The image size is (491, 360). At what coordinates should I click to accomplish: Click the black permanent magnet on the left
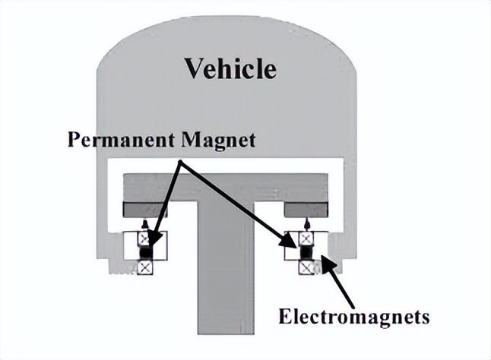click(x=146, y=251)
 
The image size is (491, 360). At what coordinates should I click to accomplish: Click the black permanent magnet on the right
click(x=306, y=251)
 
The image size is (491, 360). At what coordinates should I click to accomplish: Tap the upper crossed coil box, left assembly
click(x=145, y=238)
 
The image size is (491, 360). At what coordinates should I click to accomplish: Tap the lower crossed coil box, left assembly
click(x=145, y=266)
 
